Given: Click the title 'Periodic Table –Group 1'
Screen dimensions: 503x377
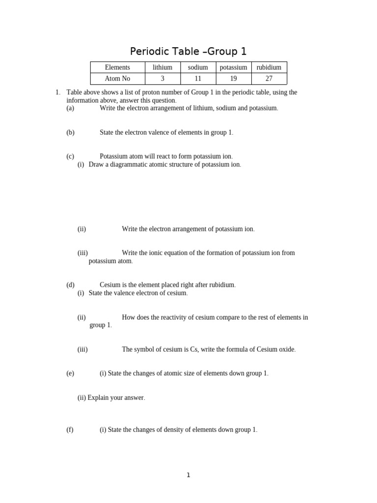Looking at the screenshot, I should coord(188,51).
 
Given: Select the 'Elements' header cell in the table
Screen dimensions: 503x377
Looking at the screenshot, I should coord(118,67).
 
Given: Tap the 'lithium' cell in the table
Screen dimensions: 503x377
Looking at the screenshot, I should coord(162,67).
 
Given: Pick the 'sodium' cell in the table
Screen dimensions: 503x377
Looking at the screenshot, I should coord(198,67).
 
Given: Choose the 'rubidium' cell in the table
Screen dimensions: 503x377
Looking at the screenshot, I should coord(269,67).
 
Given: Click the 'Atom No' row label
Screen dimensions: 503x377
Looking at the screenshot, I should coord(118,79).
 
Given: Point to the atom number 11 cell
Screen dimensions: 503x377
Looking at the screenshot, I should coord(198,79).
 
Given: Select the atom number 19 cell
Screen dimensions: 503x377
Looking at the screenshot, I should coord(234,79).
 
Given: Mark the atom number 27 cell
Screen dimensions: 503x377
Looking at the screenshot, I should coord(269,79).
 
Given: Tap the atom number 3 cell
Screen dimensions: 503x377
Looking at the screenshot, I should coord(162,79).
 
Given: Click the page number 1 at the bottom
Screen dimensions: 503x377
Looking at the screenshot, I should coord(188,475).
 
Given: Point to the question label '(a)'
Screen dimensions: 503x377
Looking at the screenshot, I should coord(70,108).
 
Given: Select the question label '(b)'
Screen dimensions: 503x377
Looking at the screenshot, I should coord(70,132).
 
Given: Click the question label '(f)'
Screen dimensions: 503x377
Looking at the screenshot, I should coord(70,430).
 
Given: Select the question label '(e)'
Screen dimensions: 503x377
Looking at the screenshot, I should coord(70,373).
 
